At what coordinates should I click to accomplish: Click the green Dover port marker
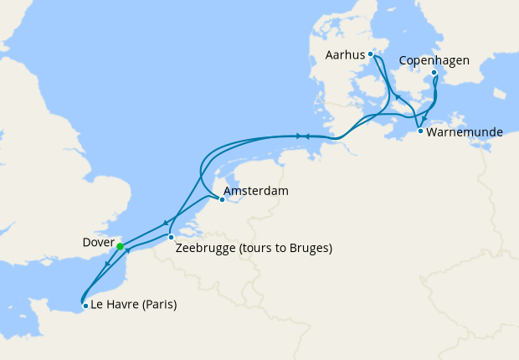click(x=120, y=246)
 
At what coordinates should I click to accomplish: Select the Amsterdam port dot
click(x=222, y=199)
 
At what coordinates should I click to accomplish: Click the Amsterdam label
click(x=257, y=192)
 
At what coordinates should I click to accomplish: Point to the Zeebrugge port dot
click(x=171, y=237)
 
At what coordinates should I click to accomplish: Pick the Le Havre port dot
click(x=85, y=306)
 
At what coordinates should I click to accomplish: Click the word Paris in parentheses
click(x=157, y=305)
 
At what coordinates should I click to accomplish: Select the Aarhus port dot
click(x=370, y=54)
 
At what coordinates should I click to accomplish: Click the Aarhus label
click(x=345, y=55)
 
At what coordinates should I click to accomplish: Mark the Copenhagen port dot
click(x=434, y=73)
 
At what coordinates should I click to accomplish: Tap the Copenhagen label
click(x=434, y=60)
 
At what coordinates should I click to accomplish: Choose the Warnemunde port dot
click(x=419, y=131)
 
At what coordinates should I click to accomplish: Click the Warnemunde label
click(x=465, y=132)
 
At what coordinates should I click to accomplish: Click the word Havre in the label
click(x=121, y=305)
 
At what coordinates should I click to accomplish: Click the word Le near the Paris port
click(x=99, y=305)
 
